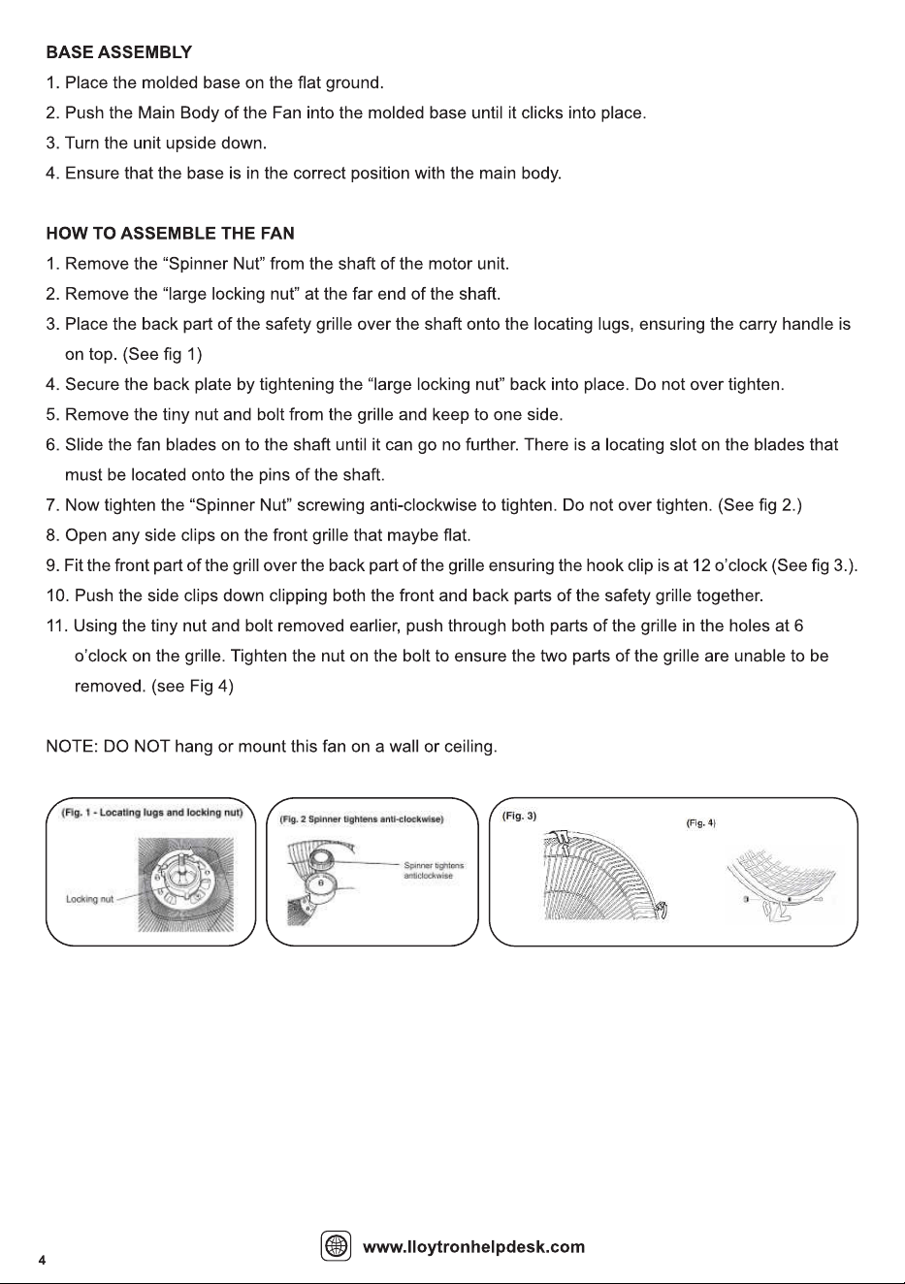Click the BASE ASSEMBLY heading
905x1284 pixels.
pyautogui.click(x=118, y=52)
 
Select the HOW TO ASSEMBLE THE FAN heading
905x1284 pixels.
pyautogui.click(x=171, y=234)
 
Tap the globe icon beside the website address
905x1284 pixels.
pyautogui.click(x=336, y=1245)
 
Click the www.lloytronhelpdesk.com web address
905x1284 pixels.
pyautogui.click(x=473, y=1246)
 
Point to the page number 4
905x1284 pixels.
pyautogui.click(x=42, y=1260)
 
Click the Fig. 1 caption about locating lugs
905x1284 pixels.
pyautogui.click(x=152, y=813)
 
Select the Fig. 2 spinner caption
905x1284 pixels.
pyautogui.click(x=361, y=819)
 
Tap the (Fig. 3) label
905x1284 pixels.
pyautogui.click(x=519, y=816)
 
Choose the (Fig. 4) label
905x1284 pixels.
pyautogui.click(x=701, y=823)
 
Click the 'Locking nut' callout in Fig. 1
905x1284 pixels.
pyautogui.click(x=90, y=899)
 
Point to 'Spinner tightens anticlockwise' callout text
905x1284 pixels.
pyautogui.click(x=434, y=871)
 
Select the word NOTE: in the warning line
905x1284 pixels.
pyautogui.click(x=72, y=747)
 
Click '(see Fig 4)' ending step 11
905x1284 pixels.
pyautogui.click(x=192, y=687)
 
